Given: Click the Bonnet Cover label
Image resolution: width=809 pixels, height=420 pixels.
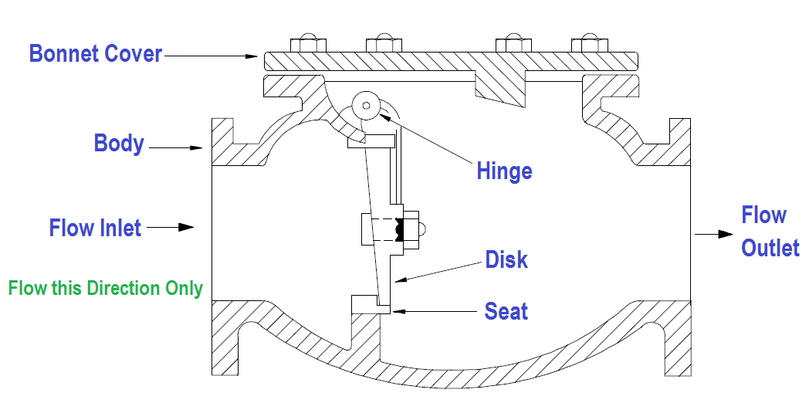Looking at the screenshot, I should point(96,54).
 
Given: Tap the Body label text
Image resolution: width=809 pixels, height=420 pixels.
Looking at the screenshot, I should point(119,144).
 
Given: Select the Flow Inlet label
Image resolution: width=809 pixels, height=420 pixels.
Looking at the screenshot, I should point(95,228).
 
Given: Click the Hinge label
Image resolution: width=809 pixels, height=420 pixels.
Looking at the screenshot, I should point(504,171).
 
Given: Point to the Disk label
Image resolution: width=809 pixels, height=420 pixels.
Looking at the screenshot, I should point(506,259).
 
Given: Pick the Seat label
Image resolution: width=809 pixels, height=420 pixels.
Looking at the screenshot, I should point(506,311).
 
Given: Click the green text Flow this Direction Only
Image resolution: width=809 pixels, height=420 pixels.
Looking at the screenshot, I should point(106,289).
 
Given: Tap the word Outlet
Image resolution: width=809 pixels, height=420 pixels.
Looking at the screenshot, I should point(770,248).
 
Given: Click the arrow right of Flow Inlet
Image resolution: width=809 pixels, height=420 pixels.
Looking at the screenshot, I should point(169,228).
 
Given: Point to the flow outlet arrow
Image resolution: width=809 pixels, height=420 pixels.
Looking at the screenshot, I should point(713,233).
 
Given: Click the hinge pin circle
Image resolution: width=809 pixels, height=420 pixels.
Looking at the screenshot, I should point(366,106).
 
